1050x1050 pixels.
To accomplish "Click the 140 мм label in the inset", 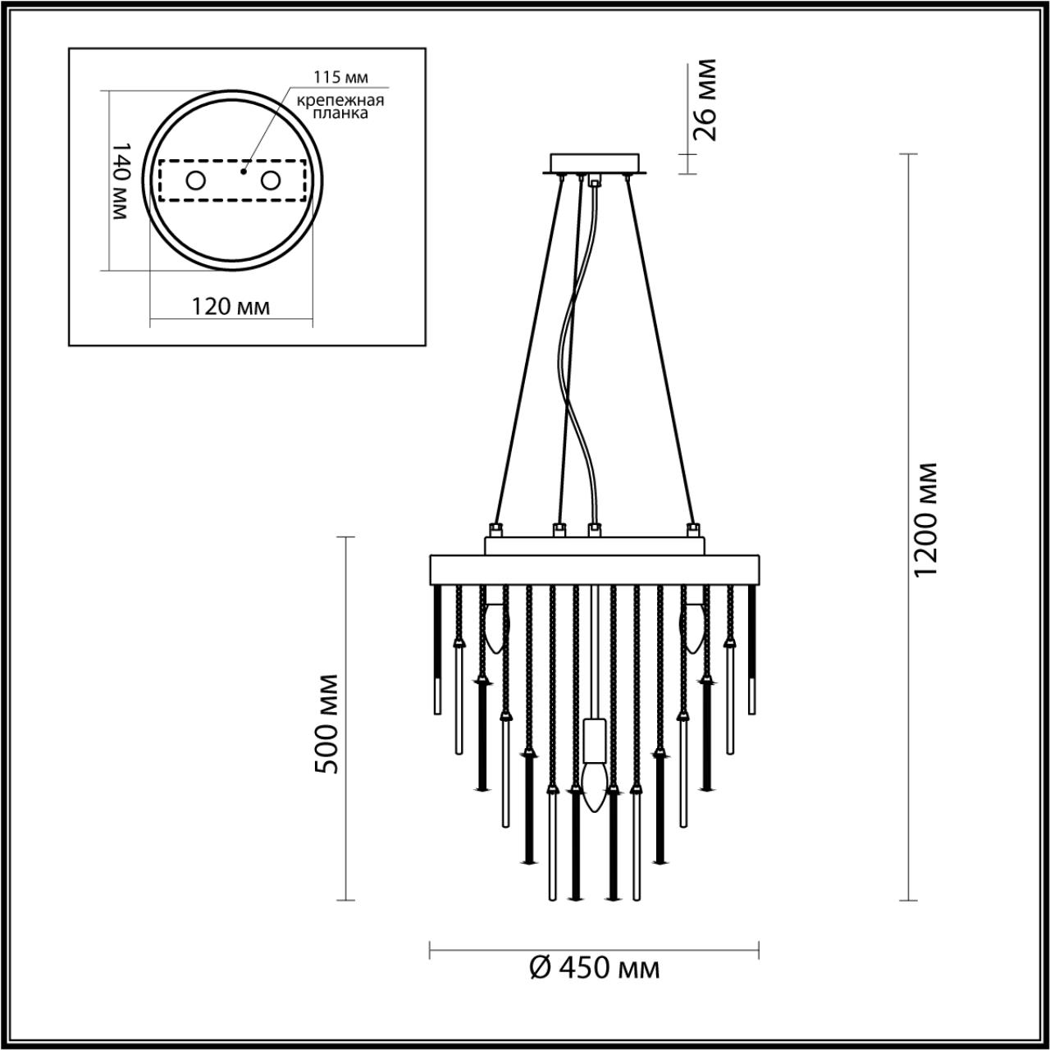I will [121, 180].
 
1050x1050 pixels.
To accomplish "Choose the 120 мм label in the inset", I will [231, 307].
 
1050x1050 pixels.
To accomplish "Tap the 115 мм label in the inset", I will [340, 77].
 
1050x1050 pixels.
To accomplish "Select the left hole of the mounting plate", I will [195, 180].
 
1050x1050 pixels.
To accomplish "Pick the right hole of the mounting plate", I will [270, 180].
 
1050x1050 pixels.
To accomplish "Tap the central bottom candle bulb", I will [594, 785].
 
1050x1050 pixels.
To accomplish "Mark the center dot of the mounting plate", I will [243, 172].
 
